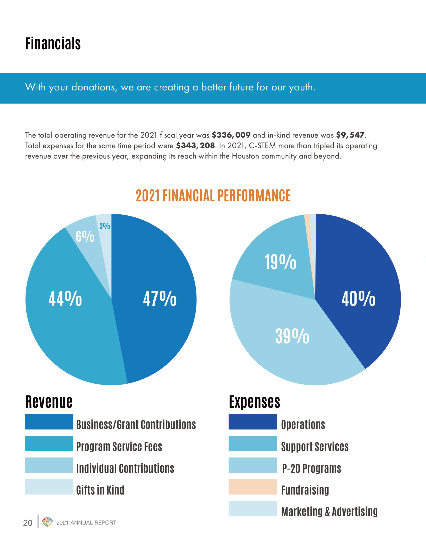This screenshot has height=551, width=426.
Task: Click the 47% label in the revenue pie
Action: click(x=160, y=299)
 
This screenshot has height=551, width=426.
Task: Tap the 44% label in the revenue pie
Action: click(x=65, y=299)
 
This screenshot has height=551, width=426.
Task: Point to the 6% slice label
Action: click(x=85, y=237)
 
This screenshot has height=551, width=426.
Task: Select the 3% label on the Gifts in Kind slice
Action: click(x=105, y=226)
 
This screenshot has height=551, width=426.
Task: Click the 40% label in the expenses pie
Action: click(x=358, y=299)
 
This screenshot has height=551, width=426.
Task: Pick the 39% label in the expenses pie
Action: click(x=292, y=336)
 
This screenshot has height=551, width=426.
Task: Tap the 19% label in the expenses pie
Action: click(x=280, y=262)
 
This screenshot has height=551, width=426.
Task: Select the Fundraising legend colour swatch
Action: click(x=253, y=487)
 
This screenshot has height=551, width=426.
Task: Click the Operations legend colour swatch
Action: click(x=253, y=422)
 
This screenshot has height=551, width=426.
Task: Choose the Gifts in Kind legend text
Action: click(x=100, y=490)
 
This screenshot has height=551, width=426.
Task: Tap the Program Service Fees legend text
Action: click(x=119, y=447)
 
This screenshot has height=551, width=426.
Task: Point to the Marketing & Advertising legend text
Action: click(x=329, y=512)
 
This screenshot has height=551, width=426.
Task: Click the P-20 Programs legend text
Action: click(x=311, y=468)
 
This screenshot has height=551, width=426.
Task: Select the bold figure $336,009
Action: click(x=231, y=135)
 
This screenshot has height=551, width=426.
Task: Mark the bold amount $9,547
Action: click(x=350, y=135)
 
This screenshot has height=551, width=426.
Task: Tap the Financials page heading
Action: click(x=53, y=44)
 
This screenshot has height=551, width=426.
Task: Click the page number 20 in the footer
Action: click(x=28, y=523)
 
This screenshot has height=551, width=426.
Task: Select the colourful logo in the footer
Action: click(x=47, y=522)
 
